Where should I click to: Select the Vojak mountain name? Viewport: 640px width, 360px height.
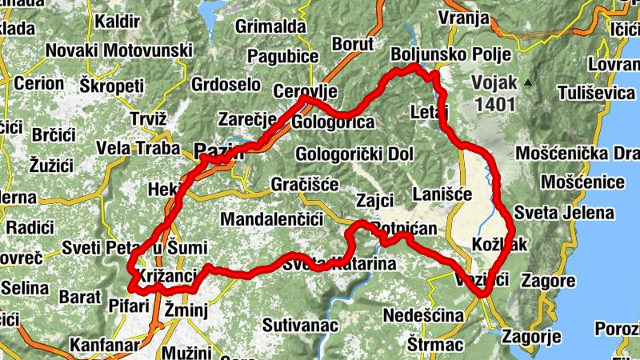[495, 82]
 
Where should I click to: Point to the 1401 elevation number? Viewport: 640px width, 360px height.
[494, 104]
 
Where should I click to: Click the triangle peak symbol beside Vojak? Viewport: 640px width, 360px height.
[528, 82]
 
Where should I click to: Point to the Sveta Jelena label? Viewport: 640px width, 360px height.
[565, 213]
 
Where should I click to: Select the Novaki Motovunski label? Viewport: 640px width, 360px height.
[118, 50]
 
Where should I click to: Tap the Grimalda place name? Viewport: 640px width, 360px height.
[271, 26]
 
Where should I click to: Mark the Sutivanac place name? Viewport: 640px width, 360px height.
[302, 325]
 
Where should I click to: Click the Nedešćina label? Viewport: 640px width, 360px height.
[423, 317]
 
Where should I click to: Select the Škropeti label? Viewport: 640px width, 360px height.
[112, 84]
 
